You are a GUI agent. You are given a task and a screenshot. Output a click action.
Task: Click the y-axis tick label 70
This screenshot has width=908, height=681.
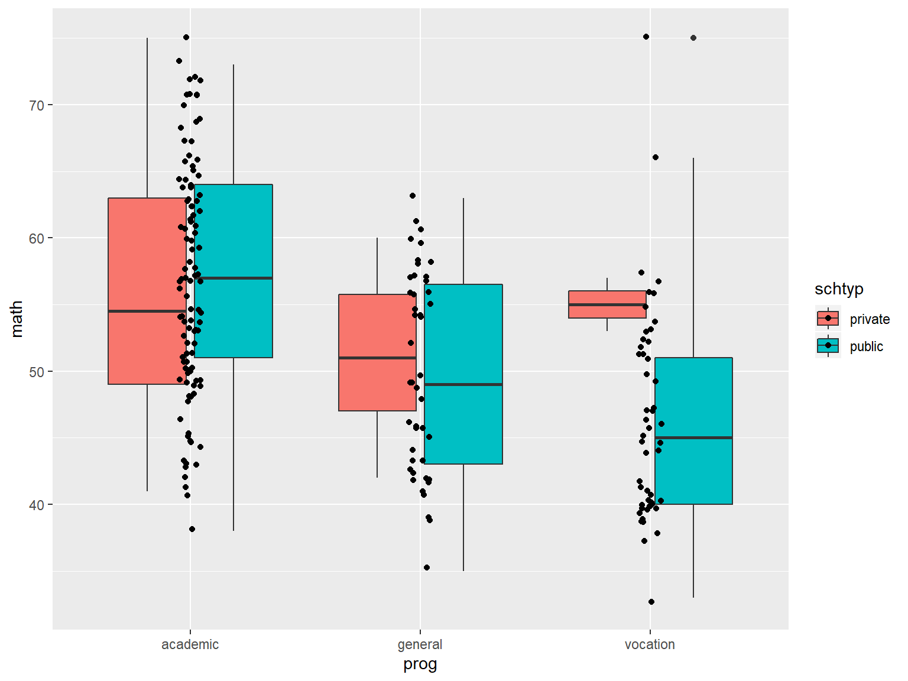(37, 105)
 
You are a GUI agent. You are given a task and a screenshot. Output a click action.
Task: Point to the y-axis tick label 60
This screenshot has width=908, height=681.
(37, 238)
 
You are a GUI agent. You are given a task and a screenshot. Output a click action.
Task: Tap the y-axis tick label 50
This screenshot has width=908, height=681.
(37, 372)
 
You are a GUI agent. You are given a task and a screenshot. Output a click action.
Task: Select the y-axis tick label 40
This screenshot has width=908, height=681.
(37, 505)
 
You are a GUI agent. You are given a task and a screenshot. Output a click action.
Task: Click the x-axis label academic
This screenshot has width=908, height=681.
(190, 644)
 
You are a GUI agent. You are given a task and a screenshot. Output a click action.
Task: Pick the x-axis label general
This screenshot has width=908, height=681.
(420, 644)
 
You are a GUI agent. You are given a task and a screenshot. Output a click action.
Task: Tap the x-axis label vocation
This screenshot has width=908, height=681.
(650, 644)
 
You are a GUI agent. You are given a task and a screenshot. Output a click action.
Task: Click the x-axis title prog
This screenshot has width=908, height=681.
(420, 664)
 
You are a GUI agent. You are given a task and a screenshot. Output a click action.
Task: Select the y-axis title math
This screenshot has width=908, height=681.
(17, 319)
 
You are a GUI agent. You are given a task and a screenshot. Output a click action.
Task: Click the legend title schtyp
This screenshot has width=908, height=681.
(839, 289)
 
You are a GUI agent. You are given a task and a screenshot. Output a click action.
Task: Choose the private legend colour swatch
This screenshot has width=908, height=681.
(828, 319)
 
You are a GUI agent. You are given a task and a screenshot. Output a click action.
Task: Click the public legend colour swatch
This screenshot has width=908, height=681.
(828, 346)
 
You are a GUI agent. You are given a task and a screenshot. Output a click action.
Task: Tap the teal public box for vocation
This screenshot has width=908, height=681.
(693, 402)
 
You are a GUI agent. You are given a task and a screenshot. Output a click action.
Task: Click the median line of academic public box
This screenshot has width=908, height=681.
(234, 278)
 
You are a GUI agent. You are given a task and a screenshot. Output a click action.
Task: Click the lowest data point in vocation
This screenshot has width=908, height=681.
(651, 602)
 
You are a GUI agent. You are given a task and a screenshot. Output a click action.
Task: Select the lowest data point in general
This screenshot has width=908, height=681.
(427, 567)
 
